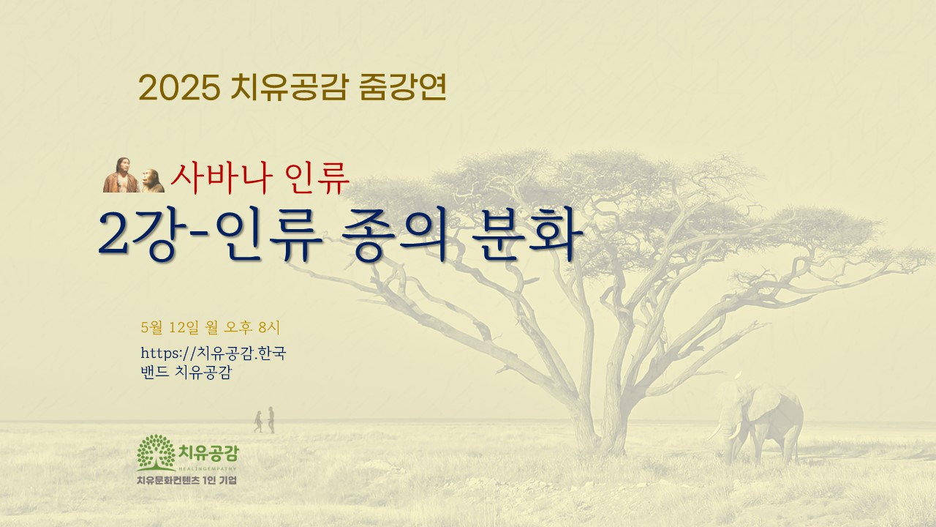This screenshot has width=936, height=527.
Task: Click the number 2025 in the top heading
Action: point(179,88)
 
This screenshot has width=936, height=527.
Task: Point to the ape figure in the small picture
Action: point(152,181)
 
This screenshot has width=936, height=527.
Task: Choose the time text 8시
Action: point(269,327)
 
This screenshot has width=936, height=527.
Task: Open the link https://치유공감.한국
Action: point(213,354)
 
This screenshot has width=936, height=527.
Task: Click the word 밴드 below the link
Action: point(154,372)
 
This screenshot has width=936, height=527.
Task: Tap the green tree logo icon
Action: point(156,452)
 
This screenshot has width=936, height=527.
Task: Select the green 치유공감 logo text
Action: point(208,452)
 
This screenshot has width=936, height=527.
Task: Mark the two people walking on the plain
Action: point(265,420)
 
